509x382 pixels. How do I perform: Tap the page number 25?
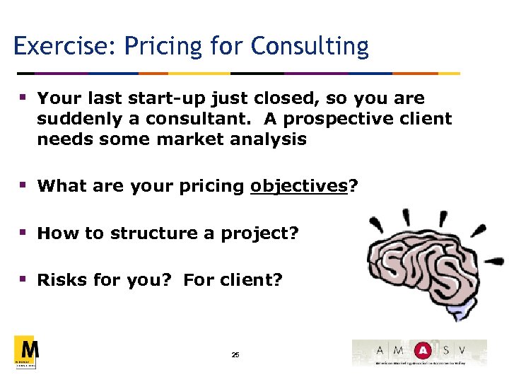(235, 354)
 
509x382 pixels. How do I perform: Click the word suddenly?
(71, 119)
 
